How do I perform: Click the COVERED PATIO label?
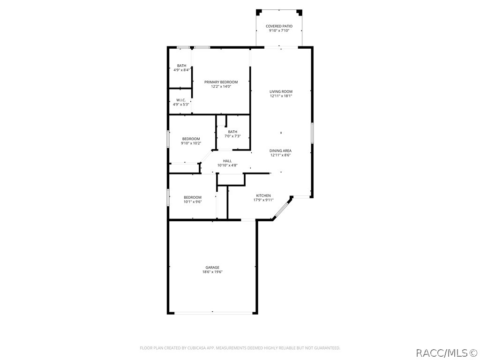(279, 26)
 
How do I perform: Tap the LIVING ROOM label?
(281, 91)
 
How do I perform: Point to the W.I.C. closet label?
(181, 100)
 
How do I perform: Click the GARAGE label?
(212, 267)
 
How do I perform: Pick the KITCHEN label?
(263, 195)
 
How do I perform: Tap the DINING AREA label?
(280, 150)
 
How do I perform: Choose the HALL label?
(227, 161)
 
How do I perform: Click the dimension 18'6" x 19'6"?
(212, 272)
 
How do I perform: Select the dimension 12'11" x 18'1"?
(281, 96)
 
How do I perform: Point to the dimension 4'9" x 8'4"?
(181, 70)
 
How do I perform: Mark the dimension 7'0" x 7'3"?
(232, 136)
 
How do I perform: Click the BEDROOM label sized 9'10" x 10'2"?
(191, 139)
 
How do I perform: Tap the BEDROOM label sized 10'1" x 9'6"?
(192, 197)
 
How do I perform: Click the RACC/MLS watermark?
(446, 352)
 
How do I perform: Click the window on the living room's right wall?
(312, 132)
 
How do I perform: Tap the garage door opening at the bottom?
(212, 313)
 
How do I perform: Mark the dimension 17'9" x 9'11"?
(263, 200)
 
